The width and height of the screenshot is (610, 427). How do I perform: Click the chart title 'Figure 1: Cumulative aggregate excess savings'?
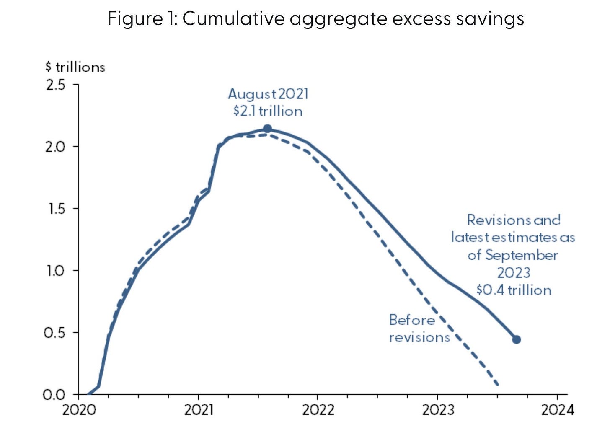tap(315, 19)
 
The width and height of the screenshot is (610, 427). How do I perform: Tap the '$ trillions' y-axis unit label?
tap(75, 67)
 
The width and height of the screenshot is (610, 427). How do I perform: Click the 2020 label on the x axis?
tap(79, 409)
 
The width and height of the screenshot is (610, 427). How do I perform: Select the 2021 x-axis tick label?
tap(198, 409)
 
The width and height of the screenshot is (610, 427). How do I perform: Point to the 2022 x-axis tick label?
tap(318, 409)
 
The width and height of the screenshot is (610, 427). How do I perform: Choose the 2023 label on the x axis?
tap(438, 409)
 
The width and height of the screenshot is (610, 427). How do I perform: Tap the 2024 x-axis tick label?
tap(557, 409)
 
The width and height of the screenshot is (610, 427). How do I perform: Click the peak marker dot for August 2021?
tap(267, 129)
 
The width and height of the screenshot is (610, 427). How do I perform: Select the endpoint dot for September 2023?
tap(517, 339)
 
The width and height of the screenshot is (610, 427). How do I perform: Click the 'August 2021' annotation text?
tap(268, 94)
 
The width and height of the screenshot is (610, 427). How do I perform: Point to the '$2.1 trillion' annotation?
tap(268, 111)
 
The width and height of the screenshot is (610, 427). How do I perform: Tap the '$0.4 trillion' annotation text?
tap(514, 290)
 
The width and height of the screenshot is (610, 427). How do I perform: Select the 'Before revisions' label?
tap(419, 329)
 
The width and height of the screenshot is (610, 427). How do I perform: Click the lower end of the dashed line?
tap(497, 383)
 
